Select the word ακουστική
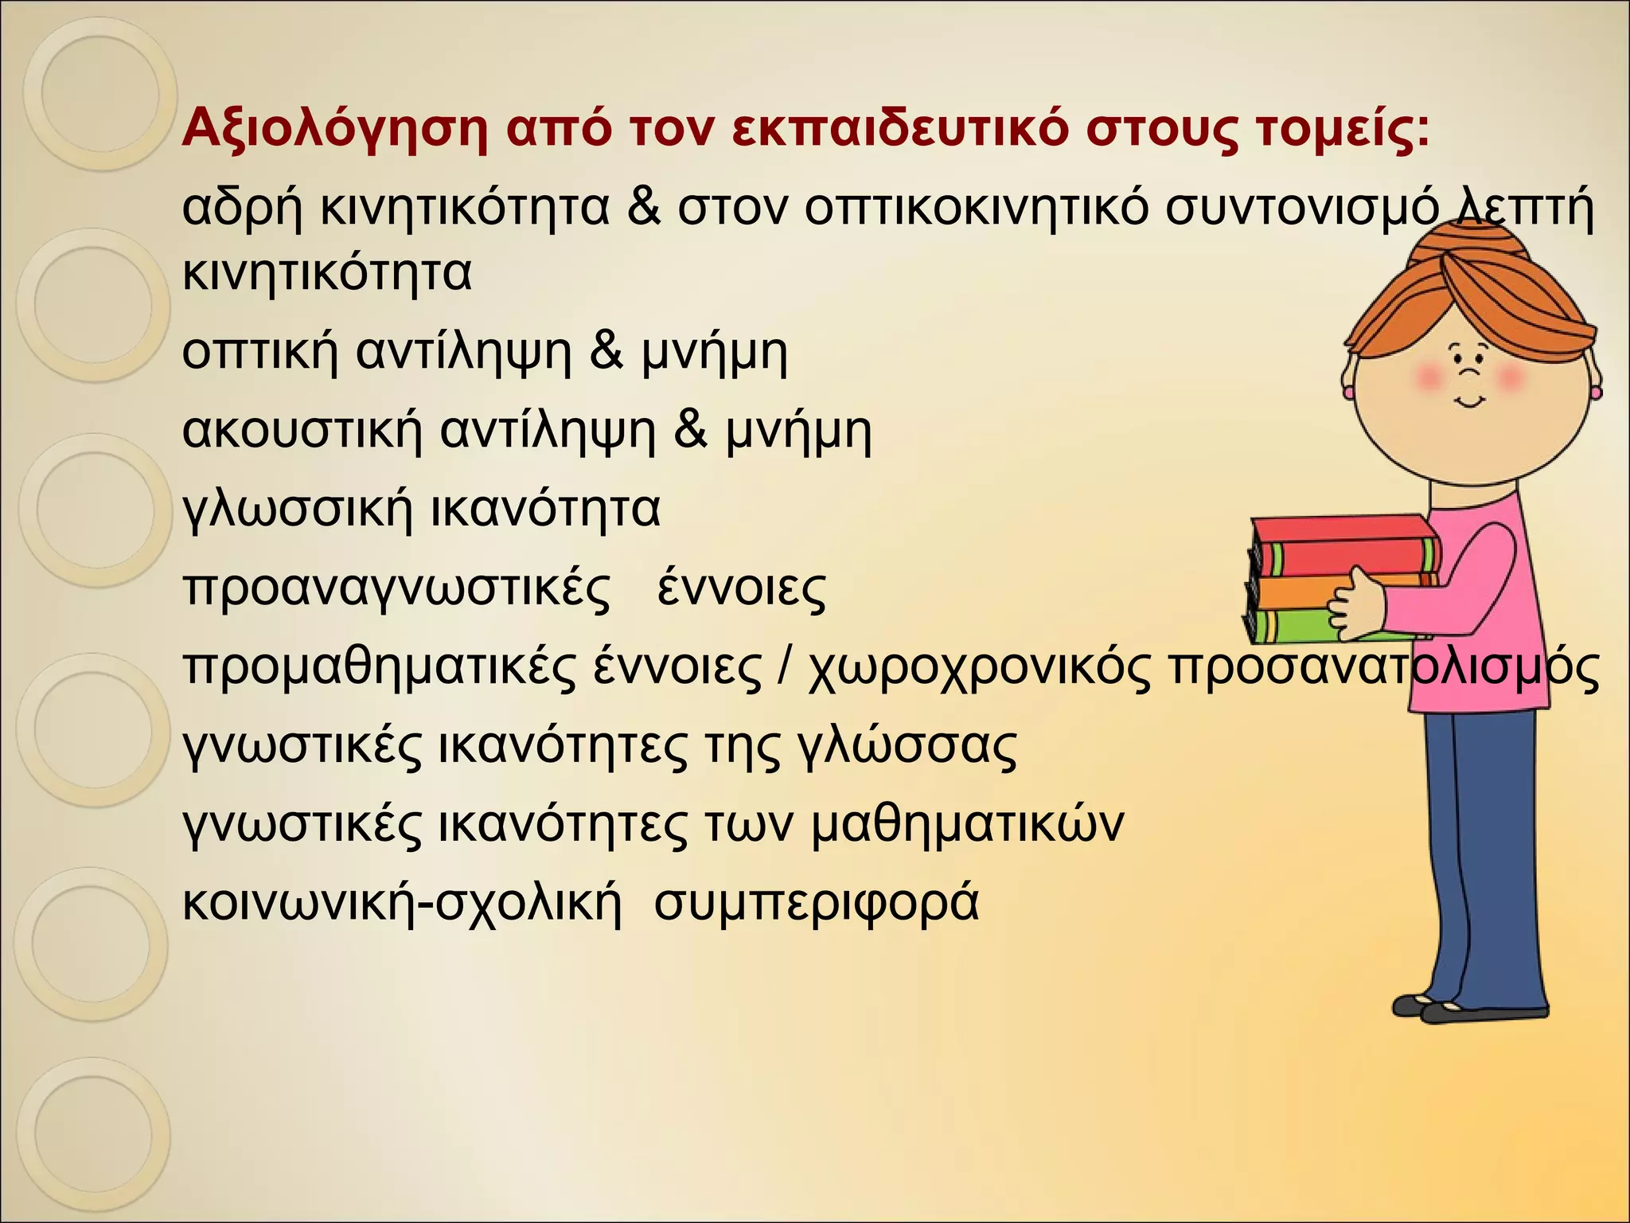coord(303,431)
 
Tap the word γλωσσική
coord(298,510)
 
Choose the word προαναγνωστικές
coord(397,588)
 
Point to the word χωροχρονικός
coord(979,667)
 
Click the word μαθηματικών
coord(967,824)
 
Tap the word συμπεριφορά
coord(816,903)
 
